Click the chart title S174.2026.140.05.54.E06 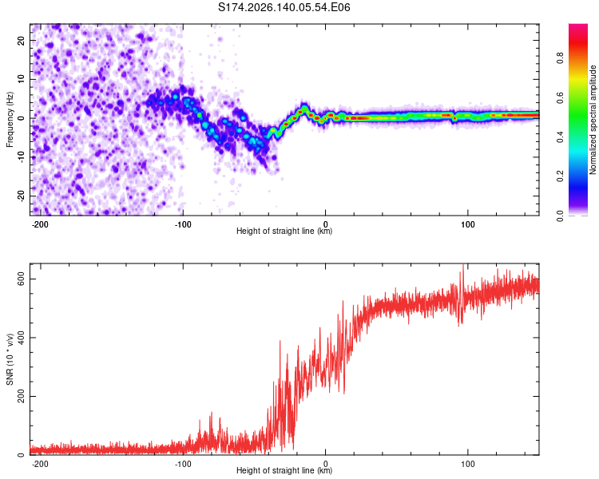pyautogui.click(x=284, y=7)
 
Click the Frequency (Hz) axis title pyautogui.click(x=10, y=120)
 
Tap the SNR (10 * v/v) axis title pyautogui.click(x=10, y=359)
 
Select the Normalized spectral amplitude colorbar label pyautogui.click(x=593, y=120)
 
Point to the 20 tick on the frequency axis pyautogui.click(x=22, y=40)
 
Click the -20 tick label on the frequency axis pyautogui.click(x=22, y=196)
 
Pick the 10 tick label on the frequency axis pyautogui.click(x=22, y=79)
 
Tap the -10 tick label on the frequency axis pyautogui.click(x=22, y=157)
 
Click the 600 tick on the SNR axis pyautogui.click(x=22, y=279)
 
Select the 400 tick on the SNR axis pyautogui.click(x=22, y=338)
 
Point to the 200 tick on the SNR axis pyautogui.click(x=22, y=396)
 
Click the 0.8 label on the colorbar pyautogui.click(x=560, y=58)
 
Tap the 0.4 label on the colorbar pyautogui.click(x=560, y=137)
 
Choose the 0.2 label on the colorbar pyautogui.click(x=560, y=176)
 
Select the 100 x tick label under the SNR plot pyautogui.click(x=467, y=464)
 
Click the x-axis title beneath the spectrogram pyautogui.click(x=284, y=231)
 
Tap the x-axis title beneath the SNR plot pyautogui.click(x=284, y=470)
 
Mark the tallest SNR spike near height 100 pyautogui.click(x=463, y=265)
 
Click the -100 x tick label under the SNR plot pyautogui.click(x=183, y=464)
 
